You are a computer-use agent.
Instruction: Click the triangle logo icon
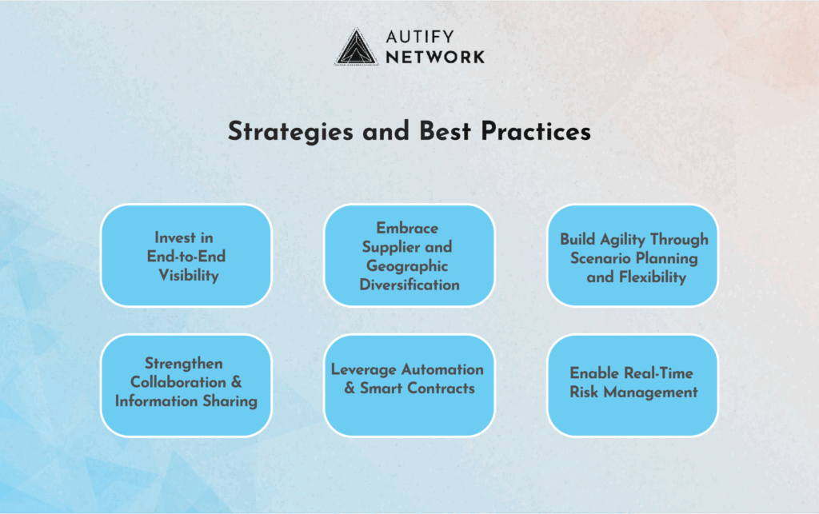tap(356, 47)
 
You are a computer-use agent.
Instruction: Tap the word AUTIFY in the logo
tap(421, 37)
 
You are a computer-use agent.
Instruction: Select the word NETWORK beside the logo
tap(435, 57)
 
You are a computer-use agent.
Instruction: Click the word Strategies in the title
tap(290, 132)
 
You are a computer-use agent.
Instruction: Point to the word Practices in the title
tap(536, 131)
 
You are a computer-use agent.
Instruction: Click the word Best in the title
tap(445, 131)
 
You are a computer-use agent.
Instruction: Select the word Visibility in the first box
tap(189, 276)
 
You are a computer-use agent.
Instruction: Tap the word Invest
tap(175, 237)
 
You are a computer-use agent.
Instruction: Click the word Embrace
tap(407, 228)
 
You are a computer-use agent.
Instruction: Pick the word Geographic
tap(407, 266)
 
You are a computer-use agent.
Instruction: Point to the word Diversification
tap(409, 285)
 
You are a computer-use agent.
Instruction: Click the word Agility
tap(622, 240)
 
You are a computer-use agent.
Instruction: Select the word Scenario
tap(600, 258)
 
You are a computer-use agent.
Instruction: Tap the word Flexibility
tap(653, 277)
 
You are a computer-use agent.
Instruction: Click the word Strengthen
tap(184, 364)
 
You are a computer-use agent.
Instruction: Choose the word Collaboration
tap(178, 382)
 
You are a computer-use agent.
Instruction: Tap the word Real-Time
tap(659, 373)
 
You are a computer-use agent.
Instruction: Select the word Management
tap(651, 392)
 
